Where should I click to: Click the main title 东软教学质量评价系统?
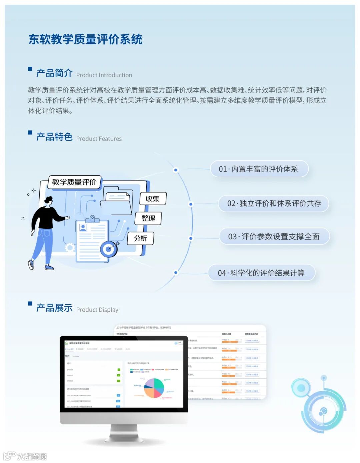pos(85,39)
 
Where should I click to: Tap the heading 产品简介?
pos(54,73)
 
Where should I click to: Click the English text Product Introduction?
pos(104,75)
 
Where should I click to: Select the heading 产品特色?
pos(54,137)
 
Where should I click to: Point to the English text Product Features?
pos(99,139)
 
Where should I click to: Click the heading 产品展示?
pos(54,308)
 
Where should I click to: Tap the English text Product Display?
pos(97,310)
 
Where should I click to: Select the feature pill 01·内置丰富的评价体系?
pos(259,169)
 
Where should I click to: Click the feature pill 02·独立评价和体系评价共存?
pos(274,203)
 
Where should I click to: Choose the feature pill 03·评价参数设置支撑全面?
pos(274,237)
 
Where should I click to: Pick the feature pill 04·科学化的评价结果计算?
pos(261,273)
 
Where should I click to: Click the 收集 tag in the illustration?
pos(153,199)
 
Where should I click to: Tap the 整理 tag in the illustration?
pos(148,218)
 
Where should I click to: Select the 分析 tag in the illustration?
pos(140,238)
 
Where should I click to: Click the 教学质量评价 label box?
pos(74,182)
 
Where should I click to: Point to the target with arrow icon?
pos(109,248)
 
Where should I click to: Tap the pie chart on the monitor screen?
pos(154,388)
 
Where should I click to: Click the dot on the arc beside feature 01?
pos(176,170)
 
